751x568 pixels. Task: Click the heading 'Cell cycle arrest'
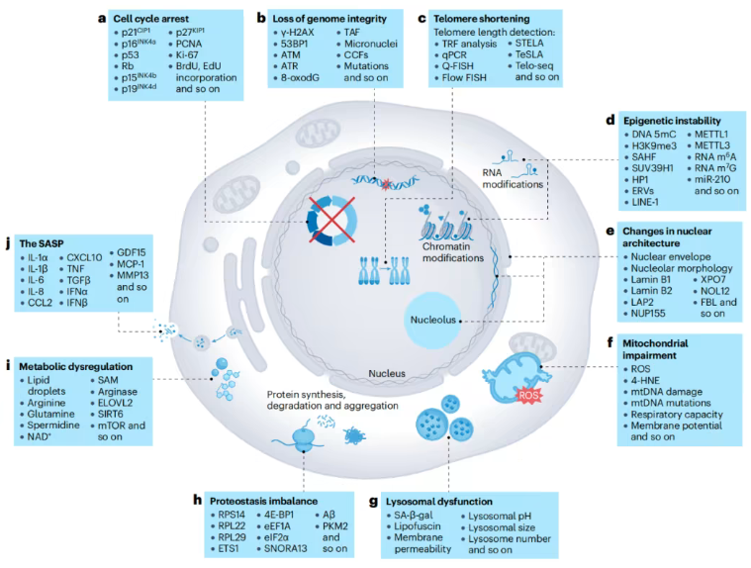click(156, 17)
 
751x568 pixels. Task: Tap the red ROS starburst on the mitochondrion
click(528, 394)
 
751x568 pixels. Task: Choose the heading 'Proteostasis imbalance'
click(256, 501)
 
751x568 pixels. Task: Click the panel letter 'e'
click(610, 229)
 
